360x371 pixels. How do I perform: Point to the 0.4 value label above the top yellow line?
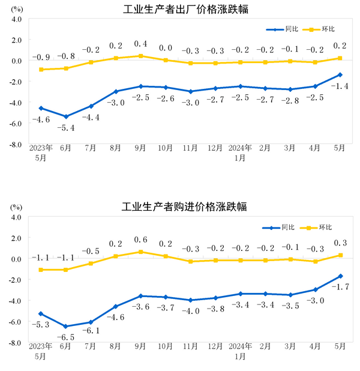pos(141,44)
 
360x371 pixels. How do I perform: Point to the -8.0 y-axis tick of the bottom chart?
pos(15,343)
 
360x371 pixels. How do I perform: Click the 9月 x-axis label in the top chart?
pos(141,146)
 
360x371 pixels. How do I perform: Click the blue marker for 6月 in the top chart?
pos(66,116)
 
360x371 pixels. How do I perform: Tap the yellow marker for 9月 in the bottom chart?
pos(141,252)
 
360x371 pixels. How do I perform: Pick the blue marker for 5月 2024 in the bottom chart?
pos(340,276)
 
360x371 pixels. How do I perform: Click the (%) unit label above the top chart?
pos(16,8)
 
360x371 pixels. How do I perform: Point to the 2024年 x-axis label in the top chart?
pos(240,146)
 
